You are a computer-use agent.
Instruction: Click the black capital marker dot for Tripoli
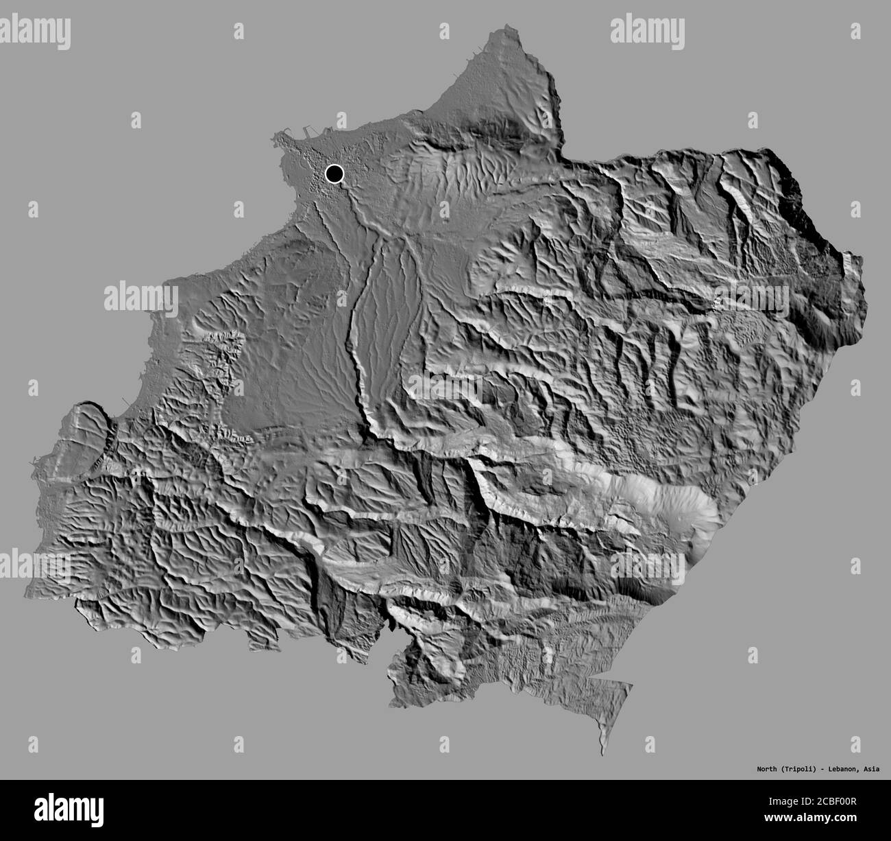pyautogui.click(x=334, y=174)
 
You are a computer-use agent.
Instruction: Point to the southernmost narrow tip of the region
pyautogui.click(x=601, y=753)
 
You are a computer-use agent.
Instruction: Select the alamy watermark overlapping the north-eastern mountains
pyautogui.click(x=750, y=299)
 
